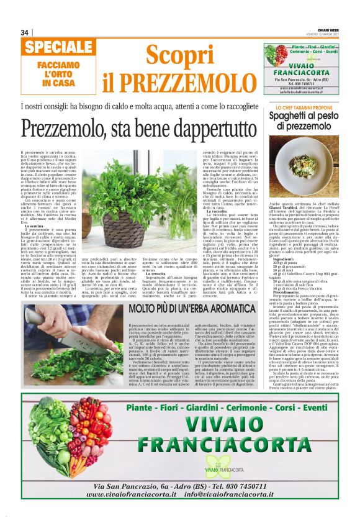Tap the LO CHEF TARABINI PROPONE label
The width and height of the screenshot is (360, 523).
300,108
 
